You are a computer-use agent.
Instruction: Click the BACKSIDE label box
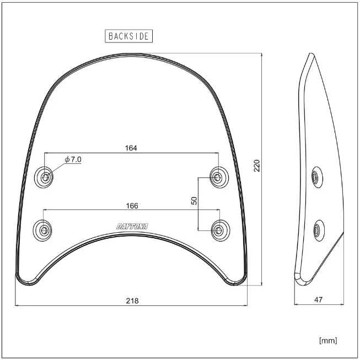coord(129,36)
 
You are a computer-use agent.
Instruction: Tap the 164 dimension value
coord(131,148)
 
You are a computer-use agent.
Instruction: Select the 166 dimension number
coord(132,206)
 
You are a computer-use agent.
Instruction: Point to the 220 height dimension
coord(257,165)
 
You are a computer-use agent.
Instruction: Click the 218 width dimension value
coord(132,300)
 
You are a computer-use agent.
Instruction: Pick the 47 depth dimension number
coord(318,299)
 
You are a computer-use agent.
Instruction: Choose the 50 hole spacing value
coord(194,201)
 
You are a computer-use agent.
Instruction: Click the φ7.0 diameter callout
coord(73,159)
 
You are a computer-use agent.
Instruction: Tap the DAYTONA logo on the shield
coord(132,227)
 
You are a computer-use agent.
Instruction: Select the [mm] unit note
coord(328,340)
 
